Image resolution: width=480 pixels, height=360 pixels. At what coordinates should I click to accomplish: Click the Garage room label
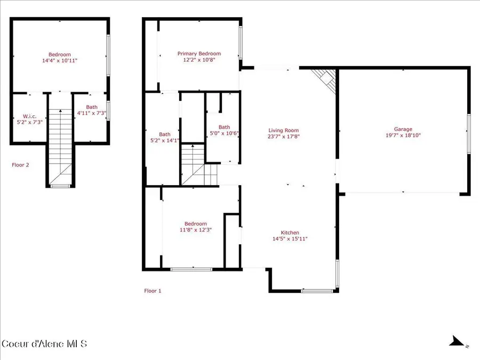point(403,129)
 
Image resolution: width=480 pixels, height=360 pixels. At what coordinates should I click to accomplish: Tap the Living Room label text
point(283,130)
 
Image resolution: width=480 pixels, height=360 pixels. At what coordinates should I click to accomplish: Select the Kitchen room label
point(290,233)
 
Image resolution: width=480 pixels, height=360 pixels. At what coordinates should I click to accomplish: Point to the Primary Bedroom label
point(199,54)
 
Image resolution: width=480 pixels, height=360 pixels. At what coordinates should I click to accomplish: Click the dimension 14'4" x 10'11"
point(60,61)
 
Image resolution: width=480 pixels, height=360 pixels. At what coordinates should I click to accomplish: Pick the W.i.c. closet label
point(29,116)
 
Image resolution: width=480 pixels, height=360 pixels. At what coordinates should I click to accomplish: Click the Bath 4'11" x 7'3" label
point(92,110)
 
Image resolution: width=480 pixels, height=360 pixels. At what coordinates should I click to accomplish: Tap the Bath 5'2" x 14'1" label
point(164,137)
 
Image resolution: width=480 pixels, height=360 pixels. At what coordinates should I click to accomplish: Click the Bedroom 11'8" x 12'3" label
point(195,227)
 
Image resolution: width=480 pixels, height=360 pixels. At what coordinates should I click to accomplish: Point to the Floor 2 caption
point(20,165)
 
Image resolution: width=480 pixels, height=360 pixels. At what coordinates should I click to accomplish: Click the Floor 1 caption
point(153,291)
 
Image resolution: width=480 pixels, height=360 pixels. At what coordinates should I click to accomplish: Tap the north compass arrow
point(455,341)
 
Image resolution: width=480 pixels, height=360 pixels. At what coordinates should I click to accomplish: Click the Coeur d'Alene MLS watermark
point(44,343)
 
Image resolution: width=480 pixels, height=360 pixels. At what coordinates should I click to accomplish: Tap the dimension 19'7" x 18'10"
point(403,135)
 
